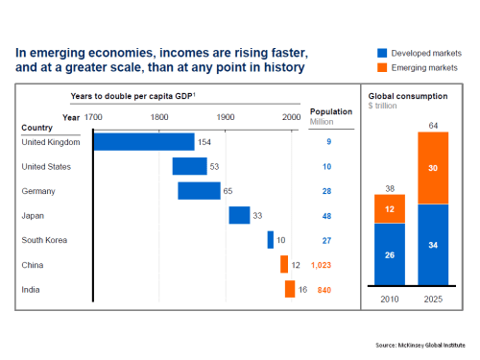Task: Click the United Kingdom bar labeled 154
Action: (x=143, y=142)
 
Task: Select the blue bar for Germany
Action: (x=199, y=191)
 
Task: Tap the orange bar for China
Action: (x=284, y=264)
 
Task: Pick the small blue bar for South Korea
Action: (x=271, y=240)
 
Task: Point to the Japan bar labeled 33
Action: (x=239, y=215)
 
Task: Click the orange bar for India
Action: (x=289, y=289)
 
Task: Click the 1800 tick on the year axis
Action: (x=159, y=117)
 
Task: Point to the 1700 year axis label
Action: (x=93, y=117)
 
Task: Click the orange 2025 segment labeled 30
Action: (x=432, y=167)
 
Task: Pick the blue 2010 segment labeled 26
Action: (x=390, y=255)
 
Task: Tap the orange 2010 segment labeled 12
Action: (x=390, y=208)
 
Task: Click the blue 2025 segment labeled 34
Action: (x=432, y=246)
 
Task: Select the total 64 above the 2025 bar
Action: (x=432, y=125)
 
